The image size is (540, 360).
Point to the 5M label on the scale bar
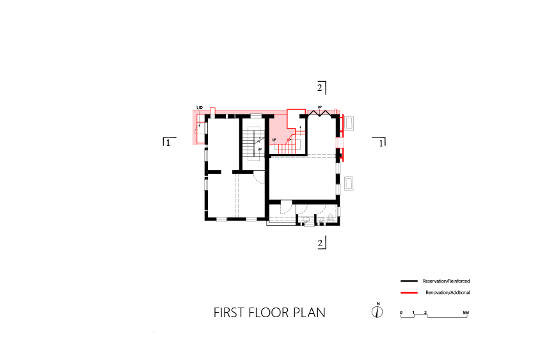point(466,313)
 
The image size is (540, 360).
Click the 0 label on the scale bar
point(401,313)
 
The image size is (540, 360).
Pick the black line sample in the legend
point(409,281)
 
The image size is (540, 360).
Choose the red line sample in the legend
point(409,293)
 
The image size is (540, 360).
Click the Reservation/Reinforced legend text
point(446,281)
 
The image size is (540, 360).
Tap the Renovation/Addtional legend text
point(448,293)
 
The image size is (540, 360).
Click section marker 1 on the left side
point(168,142)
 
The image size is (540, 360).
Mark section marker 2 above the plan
point(321,88)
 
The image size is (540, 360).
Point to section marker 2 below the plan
point(321,243)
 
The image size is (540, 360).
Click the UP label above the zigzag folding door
point(320,107)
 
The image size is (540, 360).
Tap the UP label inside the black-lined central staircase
point(259,150)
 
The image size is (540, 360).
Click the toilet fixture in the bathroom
point(330,218)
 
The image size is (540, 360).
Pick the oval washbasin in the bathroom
point(306,219)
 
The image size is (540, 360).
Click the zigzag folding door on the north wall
point(321,113)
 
